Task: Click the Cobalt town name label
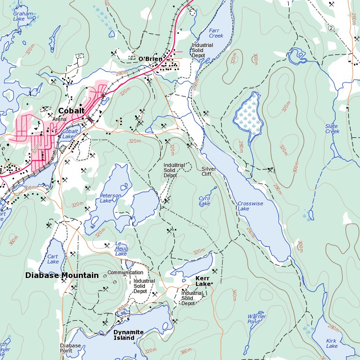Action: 71,111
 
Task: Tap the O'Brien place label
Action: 150,59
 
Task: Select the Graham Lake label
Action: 23,16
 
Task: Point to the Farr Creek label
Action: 216,33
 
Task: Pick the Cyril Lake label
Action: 204,201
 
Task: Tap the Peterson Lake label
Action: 110,198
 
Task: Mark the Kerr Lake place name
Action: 203,281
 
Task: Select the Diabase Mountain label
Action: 62,276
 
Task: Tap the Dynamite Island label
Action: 128,335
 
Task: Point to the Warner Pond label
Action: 256,319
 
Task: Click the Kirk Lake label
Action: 331,343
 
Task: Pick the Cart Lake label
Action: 53,259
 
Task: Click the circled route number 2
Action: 331,28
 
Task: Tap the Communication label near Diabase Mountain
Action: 125,272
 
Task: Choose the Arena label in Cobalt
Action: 60,120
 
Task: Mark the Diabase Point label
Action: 70,348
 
